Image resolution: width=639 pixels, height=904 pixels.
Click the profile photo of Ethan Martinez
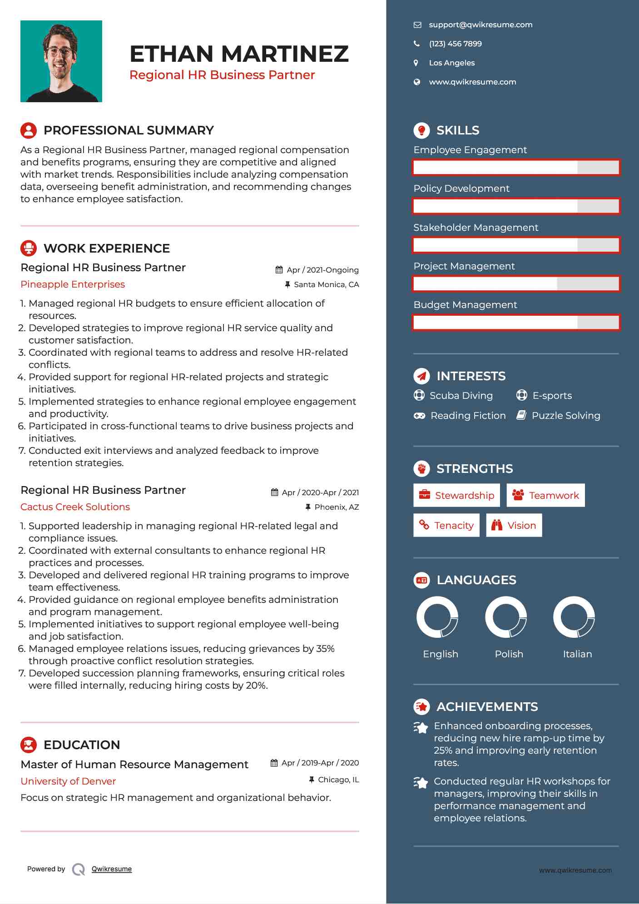coord(61,61)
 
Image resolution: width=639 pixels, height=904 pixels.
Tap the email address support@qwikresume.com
coord(480,25)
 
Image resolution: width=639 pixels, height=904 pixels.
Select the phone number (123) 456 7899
coord(455,44)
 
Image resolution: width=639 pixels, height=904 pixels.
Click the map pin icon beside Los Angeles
coord(416,63)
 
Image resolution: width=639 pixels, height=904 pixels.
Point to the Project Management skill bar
coord(516,284)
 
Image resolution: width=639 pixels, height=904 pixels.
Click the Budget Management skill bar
coord(516,323)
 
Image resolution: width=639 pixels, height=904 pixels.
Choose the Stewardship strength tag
coord(456,495)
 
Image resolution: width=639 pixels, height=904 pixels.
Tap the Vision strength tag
coord(514,526)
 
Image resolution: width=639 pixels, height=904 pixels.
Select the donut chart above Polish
coord(506,617)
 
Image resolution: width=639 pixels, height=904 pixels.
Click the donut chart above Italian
coord(574,617)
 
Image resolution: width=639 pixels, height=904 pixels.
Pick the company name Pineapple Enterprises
coord(73,284)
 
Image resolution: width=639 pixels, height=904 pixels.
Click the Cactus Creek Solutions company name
coord(75,507)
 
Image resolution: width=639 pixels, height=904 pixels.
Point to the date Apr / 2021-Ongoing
coord(322,270)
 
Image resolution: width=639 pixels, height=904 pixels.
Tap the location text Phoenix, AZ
coord(337,507)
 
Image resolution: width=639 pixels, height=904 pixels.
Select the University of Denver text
coord(68,781)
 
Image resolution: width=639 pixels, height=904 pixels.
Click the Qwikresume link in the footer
coord(112,869)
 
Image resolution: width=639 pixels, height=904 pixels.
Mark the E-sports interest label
coord(552,396)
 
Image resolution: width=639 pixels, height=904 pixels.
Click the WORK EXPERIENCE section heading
coord(107,248)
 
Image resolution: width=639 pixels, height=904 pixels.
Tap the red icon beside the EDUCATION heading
coord(29,745)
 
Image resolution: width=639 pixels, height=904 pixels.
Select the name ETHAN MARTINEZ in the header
coord(239,54)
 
